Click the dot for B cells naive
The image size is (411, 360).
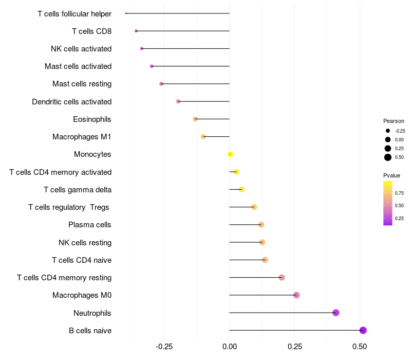[x=363, y=330]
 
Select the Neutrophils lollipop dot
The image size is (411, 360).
[x=336, y=313]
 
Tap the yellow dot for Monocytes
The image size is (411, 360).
[x=230, y=154]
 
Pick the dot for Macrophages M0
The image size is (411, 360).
[x=296, y=295]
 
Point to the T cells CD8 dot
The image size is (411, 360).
[x=136, y=31]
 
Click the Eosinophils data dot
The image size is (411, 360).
[x=195, y=119]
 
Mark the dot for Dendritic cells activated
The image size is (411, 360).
[x=178, y=101]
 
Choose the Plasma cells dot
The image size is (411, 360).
[x=261, y=225]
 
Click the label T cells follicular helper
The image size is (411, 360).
[x=74, y=14]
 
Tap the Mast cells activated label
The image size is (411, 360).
[x=78, y=66]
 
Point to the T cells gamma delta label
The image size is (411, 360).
[x=78, y=190]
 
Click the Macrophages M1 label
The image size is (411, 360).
[x=82, y=137]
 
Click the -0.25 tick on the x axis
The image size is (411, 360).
[x=164, y=347]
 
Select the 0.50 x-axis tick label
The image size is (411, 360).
[x=360, y=347]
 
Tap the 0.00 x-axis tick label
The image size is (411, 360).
[x=229, y=347]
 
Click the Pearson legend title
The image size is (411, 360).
[x=394, y=121]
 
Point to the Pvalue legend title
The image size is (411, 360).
[x=391, y=175]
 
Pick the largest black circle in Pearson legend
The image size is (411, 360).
[x=388, y=157]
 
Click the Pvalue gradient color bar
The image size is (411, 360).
[x=388, y=203]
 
